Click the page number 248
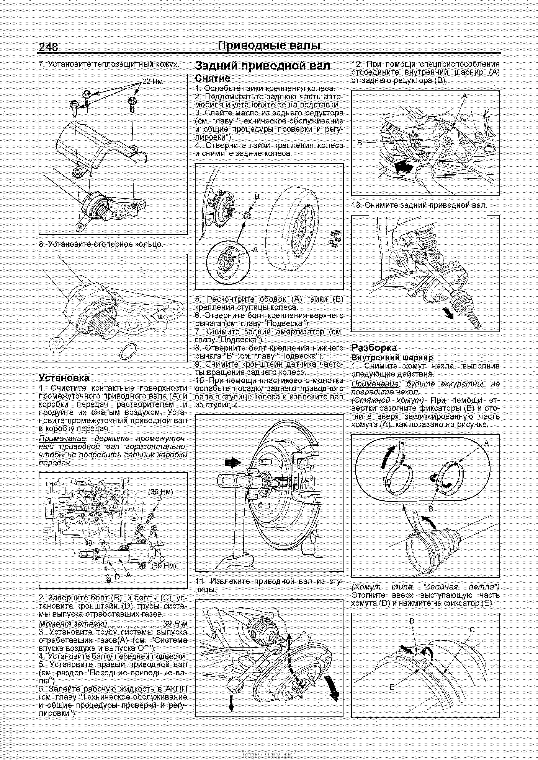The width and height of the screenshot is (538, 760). [x=48, y=47]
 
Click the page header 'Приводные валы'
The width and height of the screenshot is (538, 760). [x=269, y=46]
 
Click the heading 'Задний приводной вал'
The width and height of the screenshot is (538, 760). [x=262, y=66]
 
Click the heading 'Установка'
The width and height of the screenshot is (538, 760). [x=64, y=378]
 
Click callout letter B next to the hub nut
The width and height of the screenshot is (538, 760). [x=256, y=197]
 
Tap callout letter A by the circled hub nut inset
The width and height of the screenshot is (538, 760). [x=255, y=250]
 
